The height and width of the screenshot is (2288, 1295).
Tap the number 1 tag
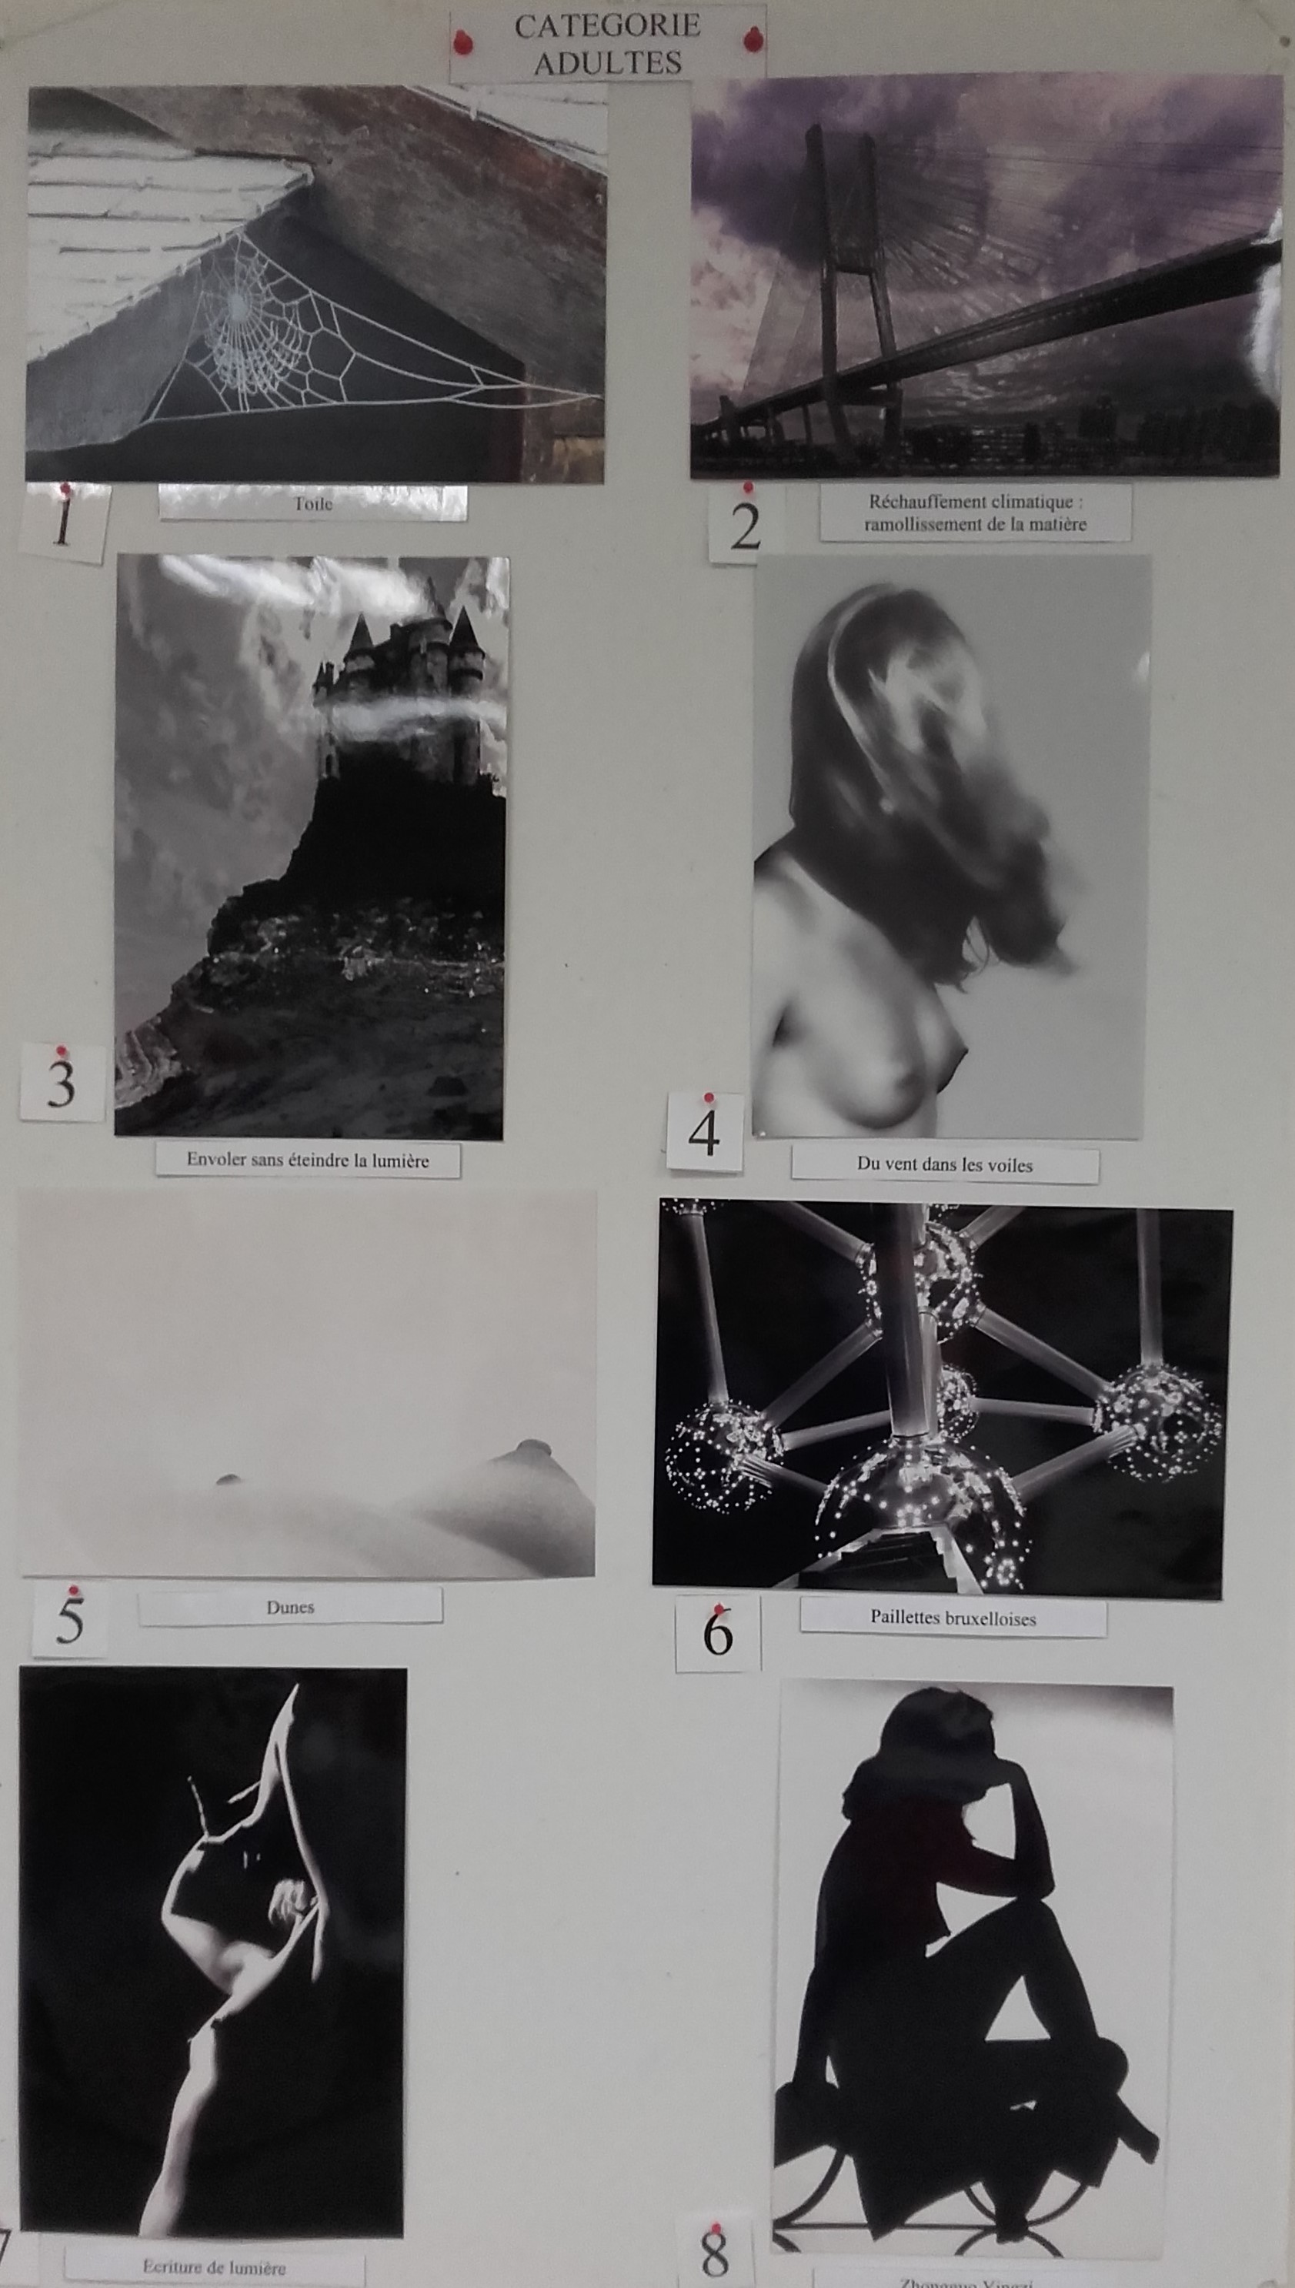62,523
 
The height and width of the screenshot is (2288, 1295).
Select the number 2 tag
746,526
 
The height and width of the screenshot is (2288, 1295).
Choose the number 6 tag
717,1632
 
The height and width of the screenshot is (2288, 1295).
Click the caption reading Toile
313,503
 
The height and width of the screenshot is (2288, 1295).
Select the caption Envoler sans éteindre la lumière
308,1160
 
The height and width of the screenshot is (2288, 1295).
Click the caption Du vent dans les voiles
945,1164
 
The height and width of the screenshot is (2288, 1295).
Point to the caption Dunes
290,1608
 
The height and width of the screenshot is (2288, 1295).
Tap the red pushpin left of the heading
461,41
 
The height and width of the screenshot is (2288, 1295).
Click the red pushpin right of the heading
753,39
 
